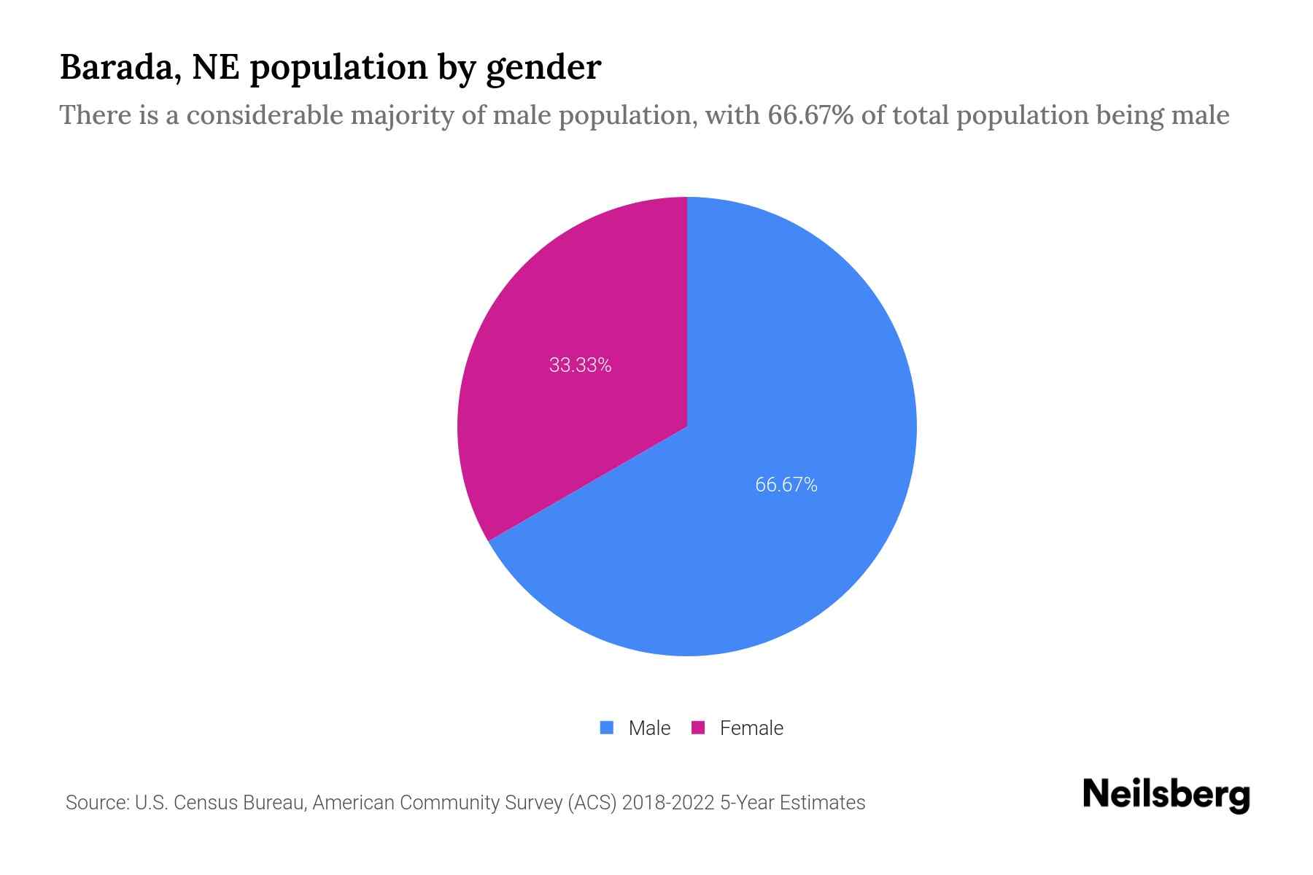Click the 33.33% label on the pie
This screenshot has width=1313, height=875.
[x=580, y=365]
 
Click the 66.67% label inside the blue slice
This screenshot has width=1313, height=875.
[x=786, y=485]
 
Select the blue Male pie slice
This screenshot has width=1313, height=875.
[x=766, y=547]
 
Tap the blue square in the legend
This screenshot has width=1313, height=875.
[x=606, y=728]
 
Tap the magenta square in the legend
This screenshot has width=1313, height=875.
[x=698, y=728]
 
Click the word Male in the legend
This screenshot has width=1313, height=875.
[x=649, y=728]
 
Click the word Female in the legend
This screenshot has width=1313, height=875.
[x=751, y=728]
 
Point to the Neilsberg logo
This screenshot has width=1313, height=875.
[x=1166, y=795]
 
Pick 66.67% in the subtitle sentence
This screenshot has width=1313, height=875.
[x=810, y=115]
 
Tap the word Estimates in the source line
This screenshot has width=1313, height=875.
[x=822, y=803]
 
